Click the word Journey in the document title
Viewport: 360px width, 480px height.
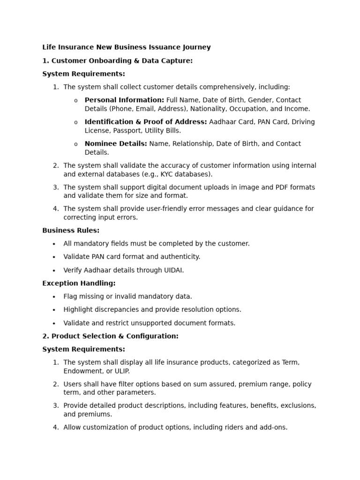(x=196, y=47)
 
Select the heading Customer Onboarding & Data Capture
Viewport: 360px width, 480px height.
(x=122, y=60)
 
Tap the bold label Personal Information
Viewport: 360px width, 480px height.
(x=124, y=100)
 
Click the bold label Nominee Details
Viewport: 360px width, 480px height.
(x=116, y=143)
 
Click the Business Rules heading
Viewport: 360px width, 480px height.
(x=71, y=230)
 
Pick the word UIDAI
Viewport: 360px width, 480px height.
(x=173, y=270)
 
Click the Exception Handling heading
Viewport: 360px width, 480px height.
(x=79, y=283)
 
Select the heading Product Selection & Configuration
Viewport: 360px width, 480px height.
(x=115, y=336)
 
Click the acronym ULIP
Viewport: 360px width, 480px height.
(x=120, y=371)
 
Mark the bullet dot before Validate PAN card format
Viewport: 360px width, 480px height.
(x=54, y=257)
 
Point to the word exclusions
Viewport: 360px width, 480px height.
(x=297, y=405)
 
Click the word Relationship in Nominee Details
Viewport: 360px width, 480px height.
(x=192, y=143)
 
